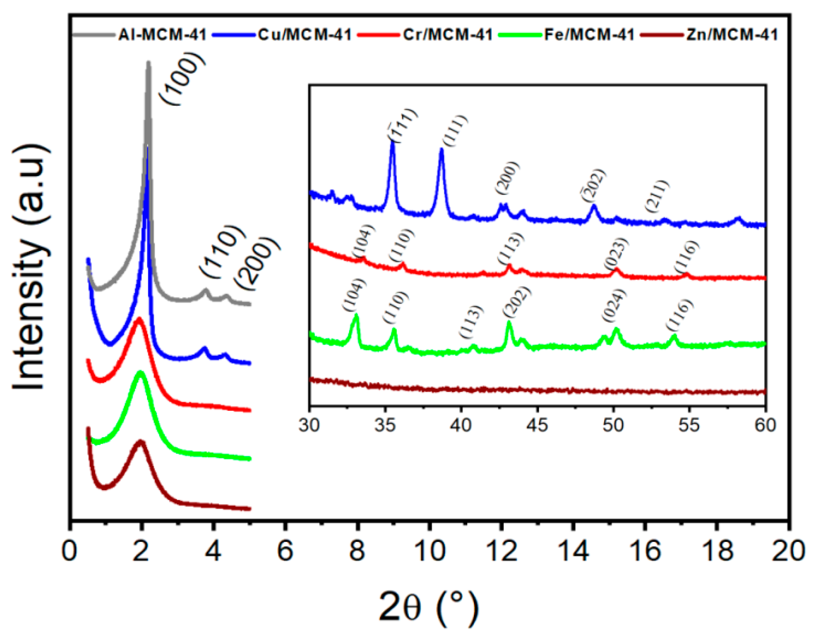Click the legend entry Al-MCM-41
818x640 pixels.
[162, 35]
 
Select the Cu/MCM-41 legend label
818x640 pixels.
[305, 35]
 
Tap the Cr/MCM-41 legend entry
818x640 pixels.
[448, 35]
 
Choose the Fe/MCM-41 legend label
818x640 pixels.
[589, 35]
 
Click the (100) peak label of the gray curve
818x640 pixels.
[182, 79]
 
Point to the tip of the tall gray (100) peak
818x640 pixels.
[148, 63]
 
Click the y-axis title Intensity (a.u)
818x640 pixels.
[29, 267]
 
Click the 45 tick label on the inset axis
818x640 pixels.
[537, 425]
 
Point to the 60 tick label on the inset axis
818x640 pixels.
[765, 425]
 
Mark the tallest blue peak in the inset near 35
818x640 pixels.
[392, 142]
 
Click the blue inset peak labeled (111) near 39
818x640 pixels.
[441, 150]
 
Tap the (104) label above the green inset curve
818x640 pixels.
[355, 294]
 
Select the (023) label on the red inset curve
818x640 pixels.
[616, 253]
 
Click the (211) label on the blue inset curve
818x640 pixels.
[657, 196]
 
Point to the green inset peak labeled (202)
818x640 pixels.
[509, 323]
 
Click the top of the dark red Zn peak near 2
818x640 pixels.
[141, 441]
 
